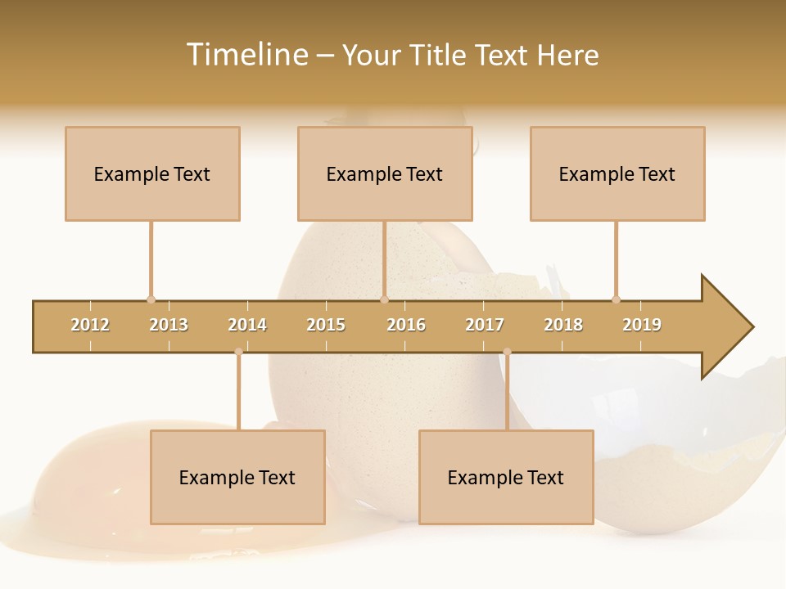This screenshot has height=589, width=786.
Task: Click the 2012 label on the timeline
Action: click(90, 325)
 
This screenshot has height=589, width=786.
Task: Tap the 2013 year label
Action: click(169, 325)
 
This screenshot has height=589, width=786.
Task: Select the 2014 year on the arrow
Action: click(247, 325)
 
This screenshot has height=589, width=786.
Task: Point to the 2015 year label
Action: click(326, 325)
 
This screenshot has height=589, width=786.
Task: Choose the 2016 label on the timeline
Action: click(406, 325)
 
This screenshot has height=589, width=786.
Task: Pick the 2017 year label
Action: click(485, 325)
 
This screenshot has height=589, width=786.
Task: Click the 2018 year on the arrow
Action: click(563, 325)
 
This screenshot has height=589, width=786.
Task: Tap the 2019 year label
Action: click(642, 325)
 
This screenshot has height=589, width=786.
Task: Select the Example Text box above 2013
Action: click(152, 173)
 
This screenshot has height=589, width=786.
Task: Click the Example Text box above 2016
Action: click(385, 173)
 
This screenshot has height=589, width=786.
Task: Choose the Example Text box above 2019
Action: click(617, 173)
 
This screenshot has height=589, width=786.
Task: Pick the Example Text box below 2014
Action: click(237, 477)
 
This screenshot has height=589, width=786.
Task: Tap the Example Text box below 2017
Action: click(506, 477)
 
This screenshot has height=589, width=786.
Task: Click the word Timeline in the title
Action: click(246, 55)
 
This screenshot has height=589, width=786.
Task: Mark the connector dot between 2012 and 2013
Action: click(151, 299)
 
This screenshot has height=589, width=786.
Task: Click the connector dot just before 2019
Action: click(616, 299)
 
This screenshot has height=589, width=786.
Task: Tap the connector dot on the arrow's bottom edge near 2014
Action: click(238, 352)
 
